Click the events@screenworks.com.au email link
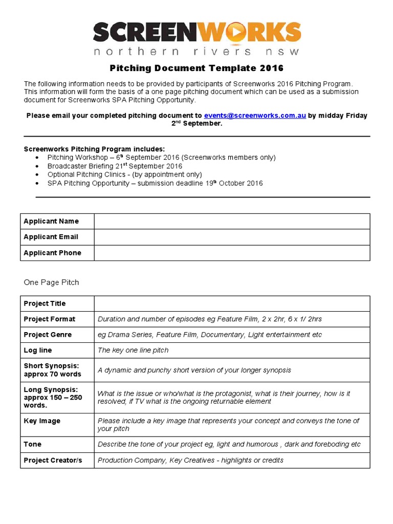255,116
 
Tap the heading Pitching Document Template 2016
196,68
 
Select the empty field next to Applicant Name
231,221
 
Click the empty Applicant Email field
231,237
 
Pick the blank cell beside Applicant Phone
231,253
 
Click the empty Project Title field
231,303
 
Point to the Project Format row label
50,319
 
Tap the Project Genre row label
48,335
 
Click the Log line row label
38,351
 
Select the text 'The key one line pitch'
133,351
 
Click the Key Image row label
42,421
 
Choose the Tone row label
33,444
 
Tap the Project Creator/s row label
53,460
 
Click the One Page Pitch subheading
51,282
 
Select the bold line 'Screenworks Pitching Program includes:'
95,149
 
